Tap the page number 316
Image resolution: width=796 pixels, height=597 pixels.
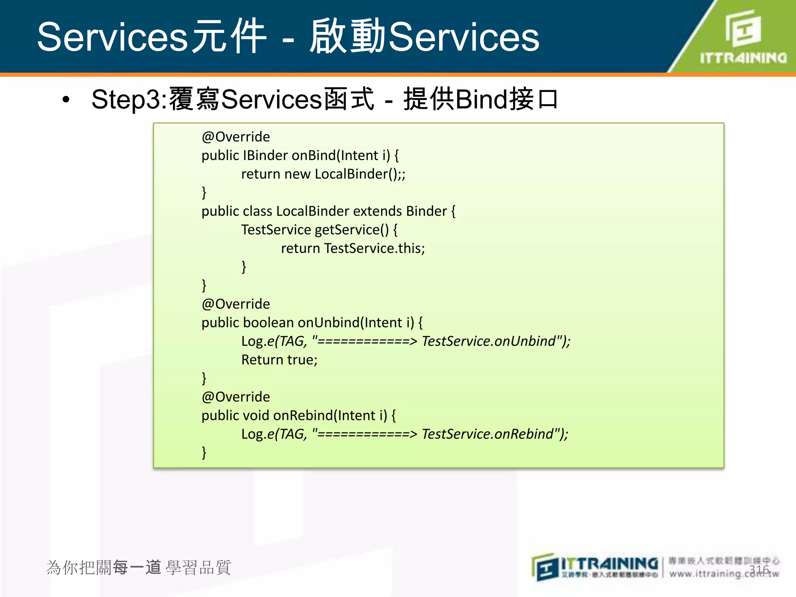tap(759, 570)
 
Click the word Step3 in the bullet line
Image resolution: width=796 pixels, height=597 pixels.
tap(126, 99)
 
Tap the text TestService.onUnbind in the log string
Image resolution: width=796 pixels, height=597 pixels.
tap(489, 341)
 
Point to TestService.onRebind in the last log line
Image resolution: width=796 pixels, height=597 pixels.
tap(487, 434)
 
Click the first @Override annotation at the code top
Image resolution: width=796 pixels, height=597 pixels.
tap(236, 137)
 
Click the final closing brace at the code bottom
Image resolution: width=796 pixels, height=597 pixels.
tap(204, 452)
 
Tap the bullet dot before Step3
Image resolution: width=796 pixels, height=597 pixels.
tap(66, 100)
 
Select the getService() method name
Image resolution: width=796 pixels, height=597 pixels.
tap(351, 230)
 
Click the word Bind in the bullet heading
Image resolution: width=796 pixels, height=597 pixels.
tap(481, 99)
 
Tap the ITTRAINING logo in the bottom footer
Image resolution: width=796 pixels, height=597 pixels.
tap(595, 567)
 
